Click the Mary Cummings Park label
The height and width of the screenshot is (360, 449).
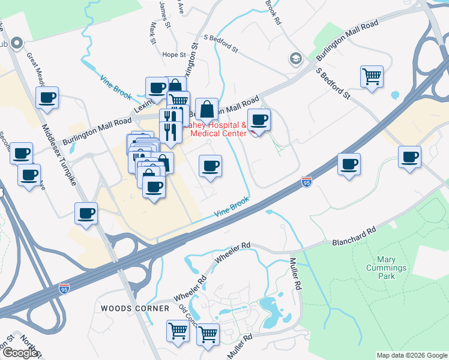coord(387,268)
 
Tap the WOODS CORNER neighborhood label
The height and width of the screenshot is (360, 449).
coord(135,308)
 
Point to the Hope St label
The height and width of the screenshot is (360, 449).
coord(174,55)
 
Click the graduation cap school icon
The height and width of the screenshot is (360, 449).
coord(295,59)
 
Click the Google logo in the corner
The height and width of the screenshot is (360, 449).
coord(20,353)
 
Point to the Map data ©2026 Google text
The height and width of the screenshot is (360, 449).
coord(412,355)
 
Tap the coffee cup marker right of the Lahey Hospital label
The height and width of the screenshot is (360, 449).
coord(259,119)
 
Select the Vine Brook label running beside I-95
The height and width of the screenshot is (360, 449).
coord(232,208)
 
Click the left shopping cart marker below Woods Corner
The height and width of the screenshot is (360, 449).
coord(178,331)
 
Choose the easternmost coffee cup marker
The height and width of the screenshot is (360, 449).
coord(410,157)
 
